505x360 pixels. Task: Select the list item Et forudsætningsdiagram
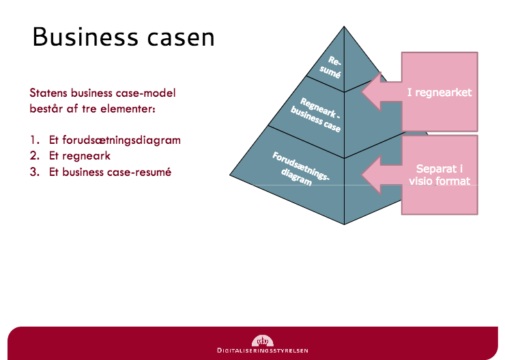point(115,140)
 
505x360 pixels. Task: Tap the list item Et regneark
point(80,156)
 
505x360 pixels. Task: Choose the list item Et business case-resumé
point(110,172)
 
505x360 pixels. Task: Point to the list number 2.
point(33,156)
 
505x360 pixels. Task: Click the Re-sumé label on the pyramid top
point(331,66)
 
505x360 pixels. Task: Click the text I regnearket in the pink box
point(439,92)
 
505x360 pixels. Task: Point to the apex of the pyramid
point(344,27)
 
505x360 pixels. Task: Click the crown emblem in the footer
point(262,340)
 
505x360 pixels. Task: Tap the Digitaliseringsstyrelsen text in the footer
point(262,350)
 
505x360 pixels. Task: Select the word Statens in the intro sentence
point(48,92)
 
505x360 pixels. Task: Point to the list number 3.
point(33,172)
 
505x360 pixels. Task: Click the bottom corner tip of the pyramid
point(344,224)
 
